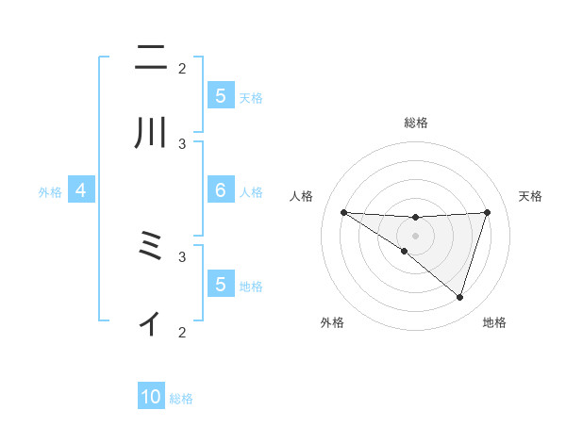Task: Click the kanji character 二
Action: click(x=151, y=60)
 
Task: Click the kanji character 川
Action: click(x=151, y=134)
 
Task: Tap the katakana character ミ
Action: click(x=151, y=247)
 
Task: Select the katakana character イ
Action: click(x=151, y=322)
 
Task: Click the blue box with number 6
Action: click(x=220, y=190)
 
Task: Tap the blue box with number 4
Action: click(x=80, y=190)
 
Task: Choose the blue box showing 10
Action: click(x=151, y=398)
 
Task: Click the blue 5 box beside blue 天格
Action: click(x=220, y=96)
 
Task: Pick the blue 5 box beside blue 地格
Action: click(x=220, y=285)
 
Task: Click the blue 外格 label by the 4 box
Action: click(x=50, y=191)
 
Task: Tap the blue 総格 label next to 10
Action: click(x=181, y=399)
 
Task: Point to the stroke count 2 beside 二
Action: click(x=182, y=68)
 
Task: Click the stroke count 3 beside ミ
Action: click(x=182, y=255)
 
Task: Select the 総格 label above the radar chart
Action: click(x=415, y=123)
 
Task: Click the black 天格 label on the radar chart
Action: click(x=530, y=196)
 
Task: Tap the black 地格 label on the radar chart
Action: click(x=494, y=322)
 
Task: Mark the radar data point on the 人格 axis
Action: click(x=343, y=212)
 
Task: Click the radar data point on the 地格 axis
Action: click(x=459, y=297)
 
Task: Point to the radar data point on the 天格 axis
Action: click(x=487, y=212)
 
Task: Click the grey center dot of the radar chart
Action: click(x=415, y=236)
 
